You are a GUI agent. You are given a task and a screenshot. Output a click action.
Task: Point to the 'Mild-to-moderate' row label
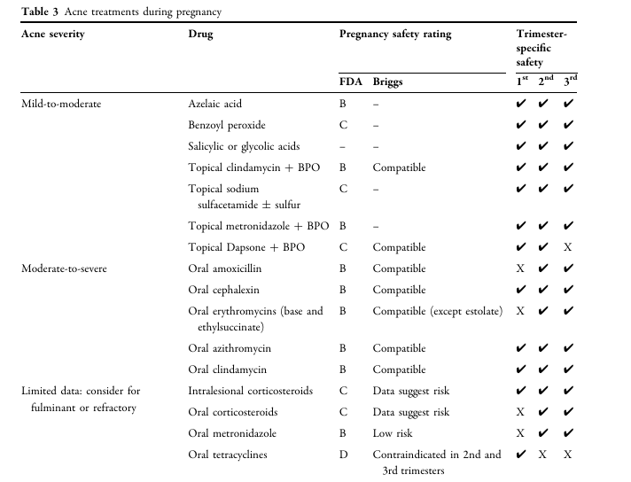[61, 104]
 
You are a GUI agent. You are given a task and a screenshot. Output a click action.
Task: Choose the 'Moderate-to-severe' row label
[64, 268]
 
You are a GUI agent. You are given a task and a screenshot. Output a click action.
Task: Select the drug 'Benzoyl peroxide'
[228, 125]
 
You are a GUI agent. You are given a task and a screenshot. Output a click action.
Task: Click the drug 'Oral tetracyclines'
[229, 455]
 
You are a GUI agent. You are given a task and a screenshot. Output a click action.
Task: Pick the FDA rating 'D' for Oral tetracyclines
[344, 455]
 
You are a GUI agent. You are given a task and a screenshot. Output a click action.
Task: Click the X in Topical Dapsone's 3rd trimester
[567, 248]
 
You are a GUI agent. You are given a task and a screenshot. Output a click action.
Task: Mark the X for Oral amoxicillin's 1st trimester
[521, 268]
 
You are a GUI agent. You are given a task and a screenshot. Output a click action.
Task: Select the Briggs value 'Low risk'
[393, 433]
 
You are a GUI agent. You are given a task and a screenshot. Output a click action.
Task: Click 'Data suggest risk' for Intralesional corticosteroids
[410, 391]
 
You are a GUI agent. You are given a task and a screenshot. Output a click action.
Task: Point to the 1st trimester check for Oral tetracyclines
[521, 455]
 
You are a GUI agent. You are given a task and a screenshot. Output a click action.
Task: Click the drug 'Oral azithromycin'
[230, 348]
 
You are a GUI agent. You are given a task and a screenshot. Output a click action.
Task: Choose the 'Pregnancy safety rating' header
[395, 35]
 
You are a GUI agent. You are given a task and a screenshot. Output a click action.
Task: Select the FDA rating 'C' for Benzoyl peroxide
[344, 125]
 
